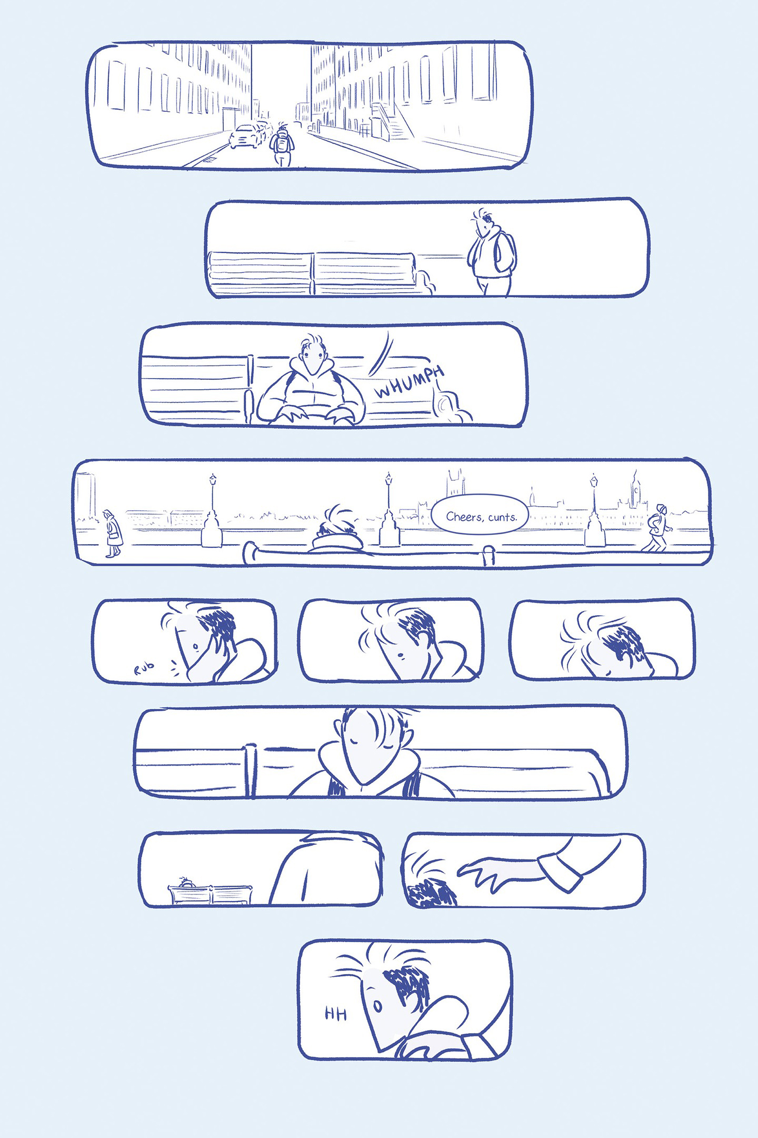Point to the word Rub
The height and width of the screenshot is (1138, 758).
coord(144,668)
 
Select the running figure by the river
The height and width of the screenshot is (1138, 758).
coord(657,528)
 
